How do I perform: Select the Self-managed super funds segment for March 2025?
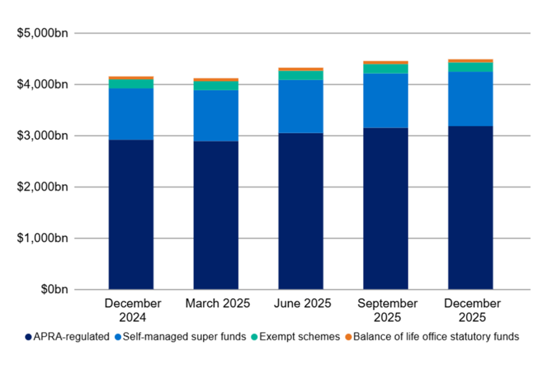tap(216, 116)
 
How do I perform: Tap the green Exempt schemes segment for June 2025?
tap(301, 75)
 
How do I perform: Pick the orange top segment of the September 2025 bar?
tap(386, 63)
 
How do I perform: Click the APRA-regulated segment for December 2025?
tap(470, 207)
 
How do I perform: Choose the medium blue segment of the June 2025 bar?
tap(301, 106)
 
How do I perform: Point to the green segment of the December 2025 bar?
tap(470, 67)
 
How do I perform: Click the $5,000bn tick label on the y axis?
tap(46, 33)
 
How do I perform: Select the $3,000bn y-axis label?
tap(46, 136)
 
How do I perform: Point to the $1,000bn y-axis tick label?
tap(46, 238)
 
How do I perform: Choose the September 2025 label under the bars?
tap(387, 310)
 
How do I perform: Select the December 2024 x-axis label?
tap(133, 310)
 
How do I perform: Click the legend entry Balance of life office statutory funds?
tap(436, 337)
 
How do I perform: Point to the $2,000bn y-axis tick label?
tap(46, 187)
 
